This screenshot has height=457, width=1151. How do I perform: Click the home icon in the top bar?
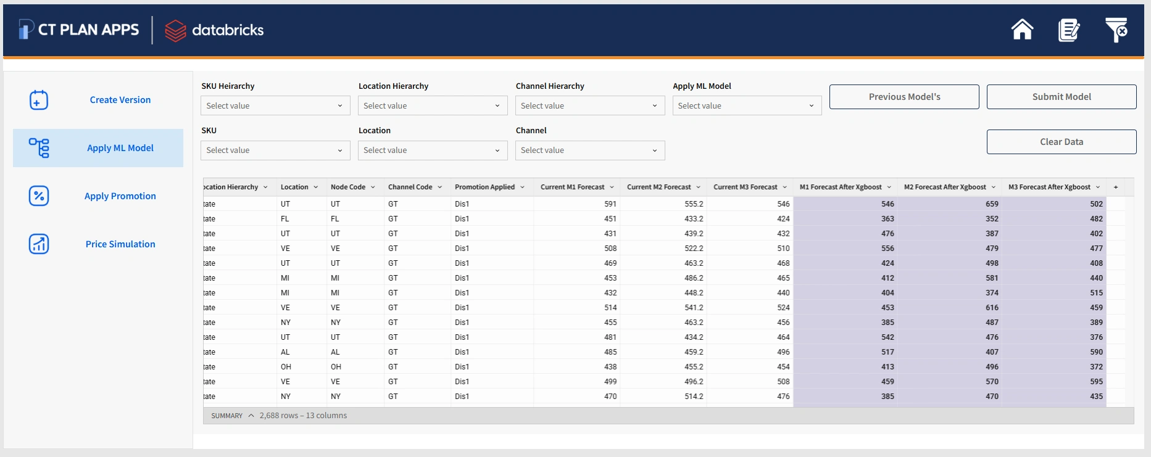click(x=1022, y=30)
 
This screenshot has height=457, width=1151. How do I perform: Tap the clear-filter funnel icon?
click(x=1116, y=30)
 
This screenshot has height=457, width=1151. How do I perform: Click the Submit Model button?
click(x=1062, y=97)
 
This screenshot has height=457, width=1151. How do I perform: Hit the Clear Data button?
click(x=1062, y=142)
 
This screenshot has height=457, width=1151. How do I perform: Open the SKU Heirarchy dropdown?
click(x=275, y=106)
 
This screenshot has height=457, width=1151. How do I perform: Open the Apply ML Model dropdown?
click(x=747, y=106)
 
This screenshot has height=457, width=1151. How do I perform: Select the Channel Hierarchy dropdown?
click(x=590, y=106)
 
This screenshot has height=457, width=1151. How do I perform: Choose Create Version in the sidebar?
click(x=120, y=100)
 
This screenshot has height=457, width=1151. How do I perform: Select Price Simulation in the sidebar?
click(x=120, y=244)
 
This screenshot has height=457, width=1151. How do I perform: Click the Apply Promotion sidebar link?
click(x=120, y=196)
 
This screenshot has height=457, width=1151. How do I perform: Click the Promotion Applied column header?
click(x=484, y=187)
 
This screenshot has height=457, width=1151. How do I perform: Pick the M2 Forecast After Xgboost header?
click(x=945, y=187)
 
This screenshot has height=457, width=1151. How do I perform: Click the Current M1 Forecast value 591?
click(x=610, y=204)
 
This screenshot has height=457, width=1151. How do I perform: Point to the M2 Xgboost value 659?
click(x=992, y=204)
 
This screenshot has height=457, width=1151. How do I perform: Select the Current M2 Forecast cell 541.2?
click(x=694, y=308)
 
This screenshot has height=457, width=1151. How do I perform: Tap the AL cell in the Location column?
click(x=285, y=352)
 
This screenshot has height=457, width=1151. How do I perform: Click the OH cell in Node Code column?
click(x=336, y=367)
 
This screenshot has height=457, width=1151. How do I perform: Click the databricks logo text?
click(x=228, y=30)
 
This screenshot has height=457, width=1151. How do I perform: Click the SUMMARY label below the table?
click(x=226, y=416)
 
